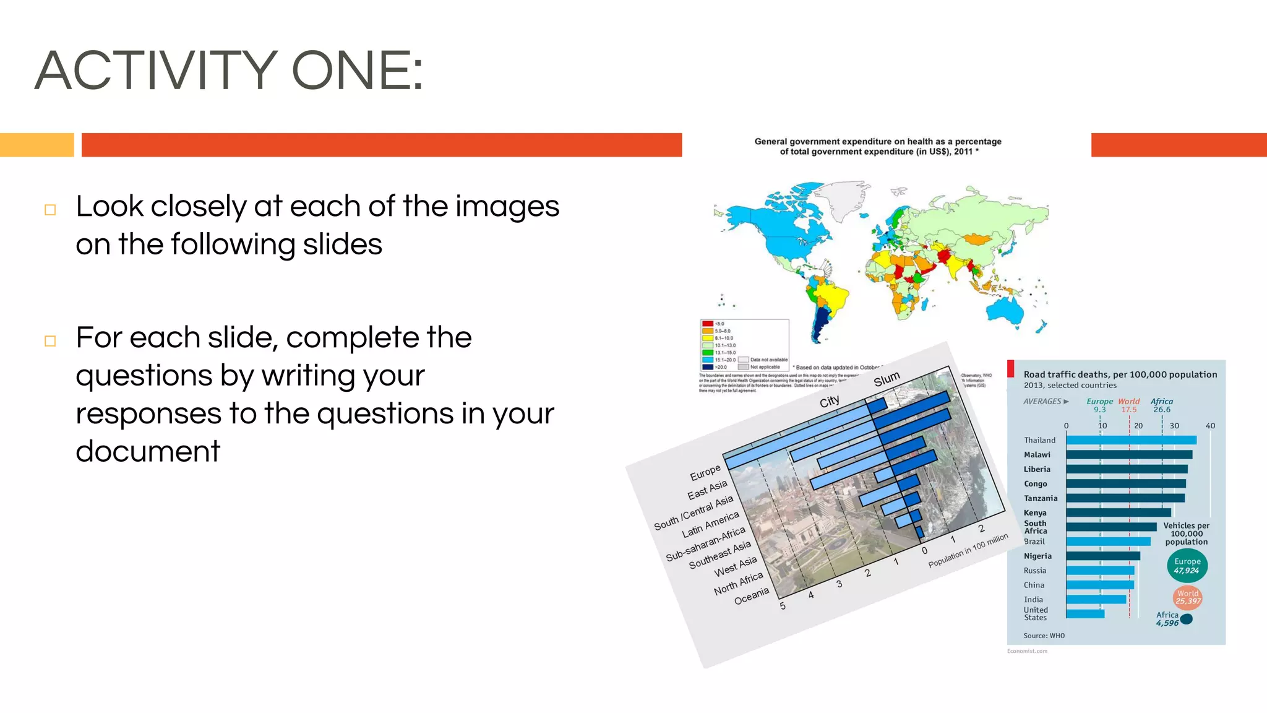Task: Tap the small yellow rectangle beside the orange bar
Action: [37, 145]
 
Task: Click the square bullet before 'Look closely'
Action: [50, 210]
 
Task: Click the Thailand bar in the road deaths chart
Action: [1131, 440]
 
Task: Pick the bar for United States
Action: [1085, 614]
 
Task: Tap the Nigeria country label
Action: [1037, 556]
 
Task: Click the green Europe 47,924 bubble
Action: [1187, 566]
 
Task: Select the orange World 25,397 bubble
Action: [1188, 597]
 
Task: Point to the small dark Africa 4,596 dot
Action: [1187, 619]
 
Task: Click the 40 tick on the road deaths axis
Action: [1210, 426]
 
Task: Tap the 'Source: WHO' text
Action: [1044, 636]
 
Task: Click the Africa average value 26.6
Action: [1161, 410]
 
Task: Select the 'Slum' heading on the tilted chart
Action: [887, 379]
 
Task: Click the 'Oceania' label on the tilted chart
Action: [751, 596]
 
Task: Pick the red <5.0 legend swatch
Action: [708, 324]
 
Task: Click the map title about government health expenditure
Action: [877, 147]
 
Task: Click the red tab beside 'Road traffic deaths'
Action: [1011, 368]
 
